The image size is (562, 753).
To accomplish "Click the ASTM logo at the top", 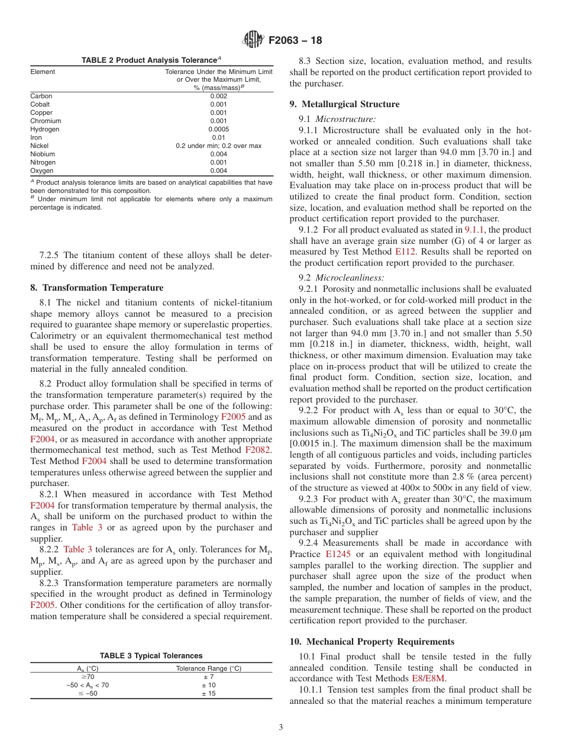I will (x=253, y=41).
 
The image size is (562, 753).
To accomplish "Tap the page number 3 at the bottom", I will (x=280, y=727).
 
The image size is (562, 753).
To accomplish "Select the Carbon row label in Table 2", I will (x=41, y=96).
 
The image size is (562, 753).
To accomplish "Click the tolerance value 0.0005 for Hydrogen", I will (x=218, y=129).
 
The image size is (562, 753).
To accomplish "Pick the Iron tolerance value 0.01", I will (x=218, y=137).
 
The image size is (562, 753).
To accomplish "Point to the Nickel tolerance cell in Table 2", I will (x=218, y=146).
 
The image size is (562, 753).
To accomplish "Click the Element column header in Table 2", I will (x=43, y=72).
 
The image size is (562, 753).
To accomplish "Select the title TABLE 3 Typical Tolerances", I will (x=151, y=655).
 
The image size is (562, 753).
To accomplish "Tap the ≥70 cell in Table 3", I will (x=88, y=677).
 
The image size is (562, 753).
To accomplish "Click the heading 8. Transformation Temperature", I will (x=96, y=288).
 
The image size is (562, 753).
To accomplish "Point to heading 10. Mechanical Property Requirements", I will (x=372, y=642).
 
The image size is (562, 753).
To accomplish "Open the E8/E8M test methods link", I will (x=428, y=679).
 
